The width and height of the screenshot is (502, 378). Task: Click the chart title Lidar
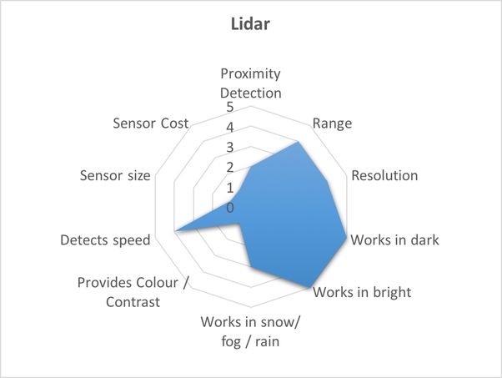[x=250, y=24]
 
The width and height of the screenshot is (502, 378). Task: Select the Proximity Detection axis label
[x=251, y=83]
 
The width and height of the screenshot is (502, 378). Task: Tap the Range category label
[x=332, y=123]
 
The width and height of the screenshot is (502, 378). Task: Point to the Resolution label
[x=384, y=175]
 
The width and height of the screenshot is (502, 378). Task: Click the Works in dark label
[x=394, y=240]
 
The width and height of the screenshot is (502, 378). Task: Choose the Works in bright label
[x=362, y=292]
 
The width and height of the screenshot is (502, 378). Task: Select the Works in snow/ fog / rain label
[x=250, y=331]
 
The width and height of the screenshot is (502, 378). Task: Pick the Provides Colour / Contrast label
[x=133, y=292]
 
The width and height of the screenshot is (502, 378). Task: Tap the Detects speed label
[x=105, y=240]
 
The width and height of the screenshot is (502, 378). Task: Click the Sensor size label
[x=115, y=175]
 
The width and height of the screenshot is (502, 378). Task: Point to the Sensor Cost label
[x=150, y=123]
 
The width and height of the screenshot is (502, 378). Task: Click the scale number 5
[x=230, y=107]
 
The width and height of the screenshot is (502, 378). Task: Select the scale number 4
[x=230, y=128]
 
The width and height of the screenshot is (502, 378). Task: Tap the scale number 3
[x=230, y=148]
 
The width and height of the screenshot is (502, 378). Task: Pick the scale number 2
[x=230, y=168]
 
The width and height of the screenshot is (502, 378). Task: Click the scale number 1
[x=230, y=188]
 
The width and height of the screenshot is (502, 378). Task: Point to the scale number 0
[x=230, y=208]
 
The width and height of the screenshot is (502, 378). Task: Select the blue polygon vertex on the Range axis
[x=298, y=142]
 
